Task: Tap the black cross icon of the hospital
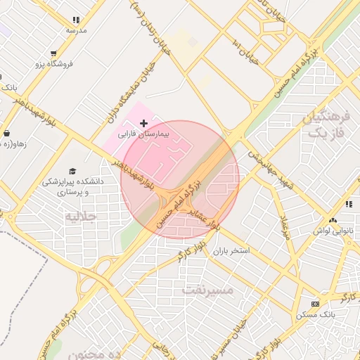pos(144,123)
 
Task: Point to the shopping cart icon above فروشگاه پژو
pos(53,53)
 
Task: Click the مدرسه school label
pos(76,30)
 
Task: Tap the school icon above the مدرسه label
pos(76,20)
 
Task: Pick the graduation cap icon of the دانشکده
pos(73,171)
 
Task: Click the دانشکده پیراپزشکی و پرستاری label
pos(72,186)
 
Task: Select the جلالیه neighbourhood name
pos(80,215)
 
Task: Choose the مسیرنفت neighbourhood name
pos(207,288)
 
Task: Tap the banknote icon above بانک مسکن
pos(314,304)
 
